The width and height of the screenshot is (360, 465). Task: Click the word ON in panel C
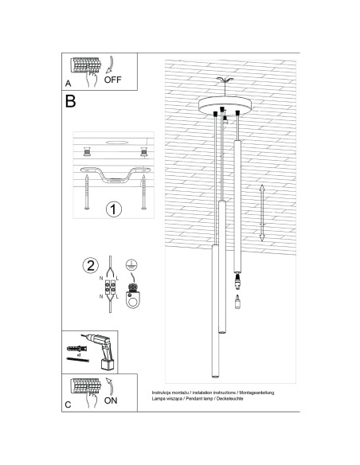[x=111, y=400]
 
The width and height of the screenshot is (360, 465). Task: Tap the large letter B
[x=71, y=101]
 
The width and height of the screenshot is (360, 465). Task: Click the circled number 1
[x=113, y=209]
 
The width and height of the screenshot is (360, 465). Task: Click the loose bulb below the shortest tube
[x=237, y=305]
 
